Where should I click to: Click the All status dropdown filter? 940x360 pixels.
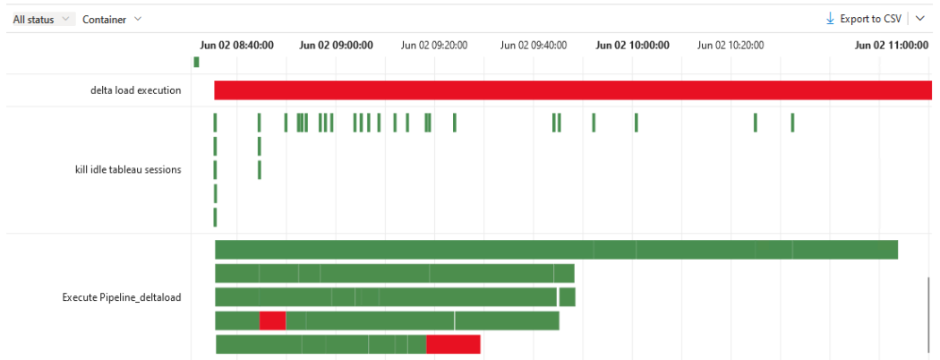pyautogui.click(x=42, y=19)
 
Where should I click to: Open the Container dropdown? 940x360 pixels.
pyautogui.click(x=111, y=19)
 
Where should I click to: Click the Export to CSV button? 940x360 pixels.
pyautogui.click(x=863, y=19)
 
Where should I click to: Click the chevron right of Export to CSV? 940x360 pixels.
pyautogui.click(x=921, y=19)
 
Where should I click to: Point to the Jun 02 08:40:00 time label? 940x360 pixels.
pyautogui.click(x=235, y=45)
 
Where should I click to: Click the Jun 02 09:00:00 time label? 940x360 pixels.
pyautogui.click(x=336, y=45)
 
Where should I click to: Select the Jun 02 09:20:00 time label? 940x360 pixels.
pyautogui.click(x=434, y=45)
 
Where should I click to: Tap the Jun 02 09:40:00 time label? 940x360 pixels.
pyautogui.click(x=534, y=45)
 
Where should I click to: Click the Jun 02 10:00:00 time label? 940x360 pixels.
pyautogui.click(x=632, y=45)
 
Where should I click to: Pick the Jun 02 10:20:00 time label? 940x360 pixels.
pyautogui.click(x=731, y=45)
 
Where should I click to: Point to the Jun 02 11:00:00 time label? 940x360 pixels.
pyautogui.click(x=891, y=45)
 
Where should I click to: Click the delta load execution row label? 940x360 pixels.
pyautogui.click(x=135, y=90)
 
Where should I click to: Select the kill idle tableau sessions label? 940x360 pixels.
pyautogui.click(x=128, y=169)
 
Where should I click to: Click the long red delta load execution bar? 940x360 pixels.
pyautogui.click(x=573, y=90)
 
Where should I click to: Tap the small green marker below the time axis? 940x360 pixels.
pyautogui.click(x=196, y=62)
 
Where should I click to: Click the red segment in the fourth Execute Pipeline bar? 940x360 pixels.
pyautogui.click(x=272, y=320)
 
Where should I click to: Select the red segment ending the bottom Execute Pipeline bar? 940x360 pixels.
pyautogui.click(x=453, y=344)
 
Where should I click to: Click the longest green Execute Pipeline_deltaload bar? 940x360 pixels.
pyautogui.click(x=555, y=250)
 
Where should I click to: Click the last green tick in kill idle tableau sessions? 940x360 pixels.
pyautogui.click(x=792, y=123)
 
